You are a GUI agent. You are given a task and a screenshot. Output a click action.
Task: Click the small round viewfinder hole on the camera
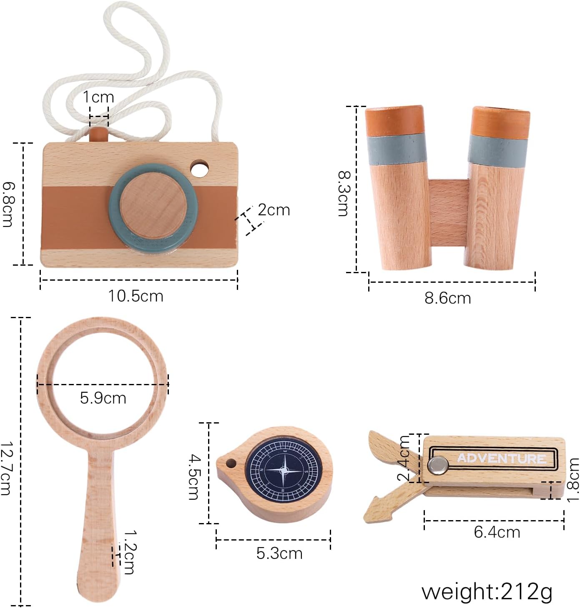coord(199,169)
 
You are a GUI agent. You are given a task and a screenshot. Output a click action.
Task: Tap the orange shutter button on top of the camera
coord(98,134)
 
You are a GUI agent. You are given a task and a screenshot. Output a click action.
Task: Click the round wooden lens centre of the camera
coord(153,205)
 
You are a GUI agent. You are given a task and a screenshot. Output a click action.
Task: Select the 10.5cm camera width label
coord(136,296)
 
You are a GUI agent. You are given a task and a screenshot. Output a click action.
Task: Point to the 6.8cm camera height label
coord(8,204)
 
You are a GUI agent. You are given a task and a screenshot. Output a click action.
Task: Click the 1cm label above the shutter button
coord(98,97)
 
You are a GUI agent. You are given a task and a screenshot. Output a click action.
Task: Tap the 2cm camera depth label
coord(274,210)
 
